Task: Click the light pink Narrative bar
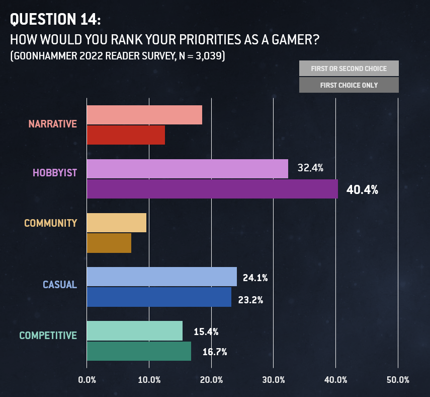pyautogui.click(x=144, y=115)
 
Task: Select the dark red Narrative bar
pyautogui.click(x=126, y=135)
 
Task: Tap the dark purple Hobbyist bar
pyautogui.click(x=212, y=189)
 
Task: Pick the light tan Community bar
pyautogui.click(x=117, y=223)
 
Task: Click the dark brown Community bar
pyautogui.click(x=109, y=243)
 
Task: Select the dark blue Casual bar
pyautogui.click(x=159, y=297)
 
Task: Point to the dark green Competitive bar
pyautogui.click(x=139, y=351)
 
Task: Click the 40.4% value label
pyautogui.click(x=362, y=190)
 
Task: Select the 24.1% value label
pyautogui.click(x=255, y=278)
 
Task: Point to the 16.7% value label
pyautogui.click(x=215, y=352)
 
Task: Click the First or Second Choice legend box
pyautogui.click(x=349, y=68)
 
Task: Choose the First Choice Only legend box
pyautogui.click(x=349, y=85)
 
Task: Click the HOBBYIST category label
pyautogui.click(x=55, y=173)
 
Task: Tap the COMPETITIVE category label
pyautogui.click(x=48, y=336)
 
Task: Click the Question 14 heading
pyautogui.click(x=55, y=19)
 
